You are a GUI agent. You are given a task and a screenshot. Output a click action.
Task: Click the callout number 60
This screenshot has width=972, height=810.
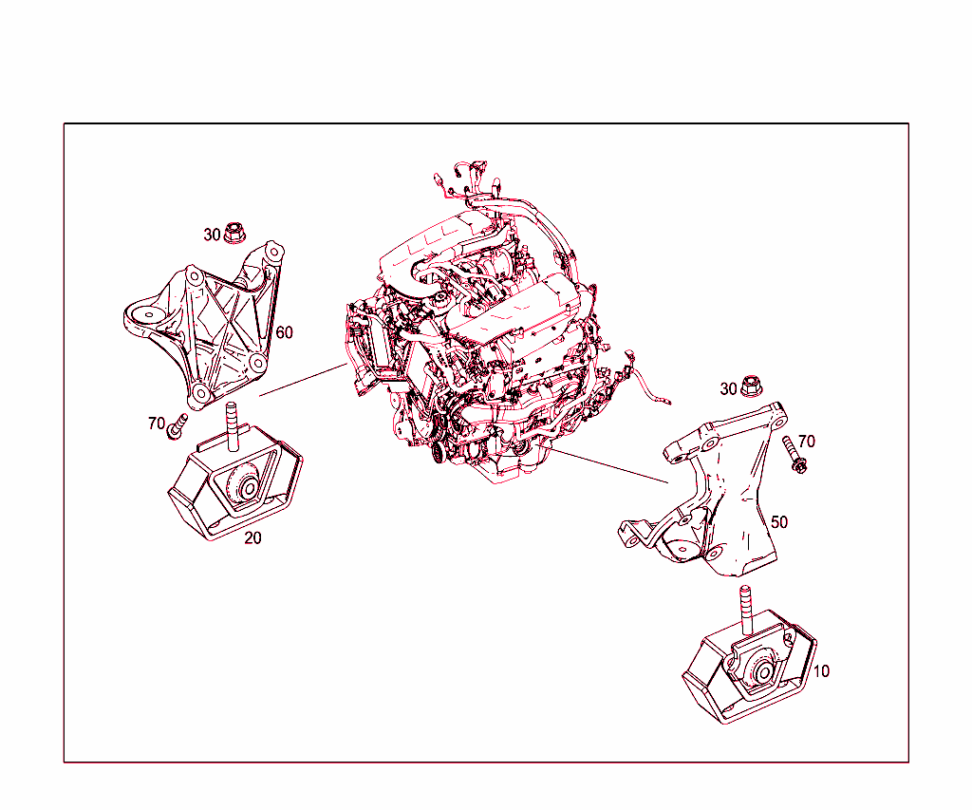click(x=285, y=332)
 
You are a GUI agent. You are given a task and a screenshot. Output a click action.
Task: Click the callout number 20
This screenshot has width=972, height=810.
click(x=253, y=537)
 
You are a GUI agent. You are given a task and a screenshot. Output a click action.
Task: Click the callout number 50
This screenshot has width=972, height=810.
click(x=778, y=522)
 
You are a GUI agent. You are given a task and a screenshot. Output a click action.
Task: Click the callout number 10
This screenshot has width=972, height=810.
click(x=821, y=671)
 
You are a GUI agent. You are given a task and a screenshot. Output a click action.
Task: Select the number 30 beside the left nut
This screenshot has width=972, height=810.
click(x=212, y=234)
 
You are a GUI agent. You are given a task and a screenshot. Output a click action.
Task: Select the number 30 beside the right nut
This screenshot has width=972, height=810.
click(x=728, y=388)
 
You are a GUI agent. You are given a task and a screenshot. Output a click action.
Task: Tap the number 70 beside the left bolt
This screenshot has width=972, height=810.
click(x=157, y=424)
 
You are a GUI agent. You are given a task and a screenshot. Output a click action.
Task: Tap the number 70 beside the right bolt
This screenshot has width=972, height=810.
click(x=806, y=441)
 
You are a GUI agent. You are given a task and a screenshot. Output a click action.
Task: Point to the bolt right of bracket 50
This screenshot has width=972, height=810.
click(x=794, y=454)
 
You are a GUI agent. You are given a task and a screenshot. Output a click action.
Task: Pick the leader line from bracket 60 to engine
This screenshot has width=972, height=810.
click(x=302, y=378)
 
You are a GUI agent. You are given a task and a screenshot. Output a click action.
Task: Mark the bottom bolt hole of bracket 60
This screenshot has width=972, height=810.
click(x=197, y=393)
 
